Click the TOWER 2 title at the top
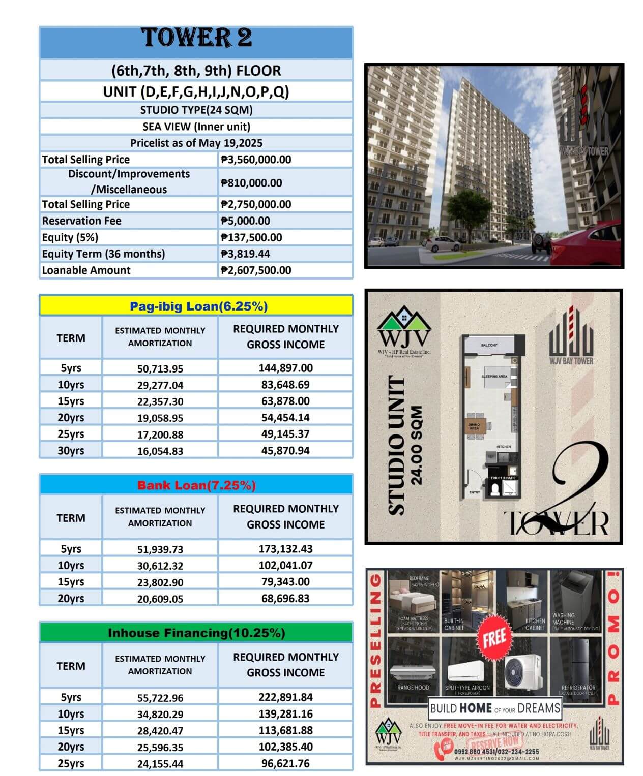point(196,38)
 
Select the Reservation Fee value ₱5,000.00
point(246,221)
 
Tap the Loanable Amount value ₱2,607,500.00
point(256,270)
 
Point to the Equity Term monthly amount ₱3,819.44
point(245,254)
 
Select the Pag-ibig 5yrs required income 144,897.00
point(285,368)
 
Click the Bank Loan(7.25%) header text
point(196,485)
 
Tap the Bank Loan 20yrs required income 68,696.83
point(285,599)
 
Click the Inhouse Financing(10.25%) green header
point(196,633)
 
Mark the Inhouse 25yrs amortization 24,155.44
point(160,764)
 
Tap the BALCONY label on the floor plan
point(489,346)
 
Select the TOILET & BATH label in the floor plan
point(503,478)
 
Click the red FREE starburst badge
point(494,637)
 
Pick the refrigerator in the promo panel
point(578,661)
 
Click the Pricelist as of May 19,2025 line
point(196,143)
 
